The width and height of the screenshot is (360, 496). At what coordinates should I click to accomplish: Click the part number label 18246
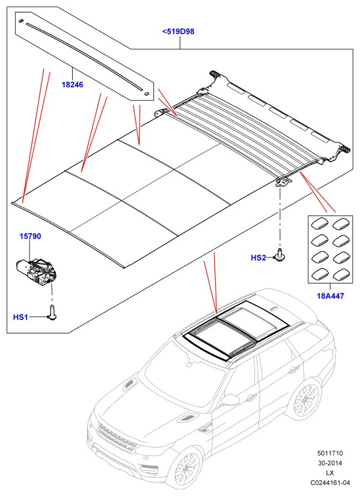click(x=72, y=85)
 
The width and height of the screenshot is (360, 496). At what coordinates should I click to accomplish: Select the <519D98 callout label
click(x=178, y=31)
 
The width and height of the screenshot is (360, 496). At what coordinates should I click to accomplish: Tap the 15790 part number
click(x=30, y=236)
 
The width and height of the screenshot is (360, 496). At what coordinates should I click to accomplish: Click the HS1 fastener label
click(x=20, y=317)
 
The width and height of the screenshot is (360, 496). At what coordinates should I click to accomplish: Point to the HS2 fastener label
click(x=258, y=258)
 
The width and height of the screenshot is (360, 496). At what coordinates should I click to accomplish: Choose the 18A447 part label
click(x=330, y=296)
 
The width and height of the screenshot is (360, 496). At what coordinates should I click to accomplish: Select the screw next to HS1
click(x=52, y=313)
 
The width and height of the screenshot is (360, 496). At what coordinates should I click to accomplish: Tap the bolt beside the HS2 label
click(x=279, y=255)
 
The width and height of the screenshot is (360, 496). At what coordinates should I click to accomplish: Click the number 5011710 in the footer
click(x=330, y=453)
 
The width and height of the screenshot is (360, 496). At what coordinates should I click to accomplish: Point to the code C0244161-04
click(x=330, y=483)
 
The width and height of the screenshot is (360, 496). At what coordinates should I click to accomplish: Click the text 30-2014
click(x=330, y=463)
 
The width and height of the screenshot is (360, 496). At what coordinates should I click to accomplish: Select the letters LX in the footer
click(x=330, y=473)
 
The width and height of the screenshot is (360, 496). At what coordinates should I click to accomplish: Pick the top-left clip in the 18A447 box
click(x=319, y=225)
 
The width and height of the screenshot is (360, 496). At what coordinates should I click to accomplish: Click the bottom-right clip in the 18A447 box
click(x=342, y=275)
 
